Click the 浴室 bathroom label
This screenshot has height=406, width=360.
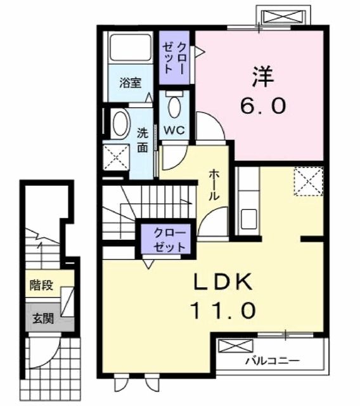coord(131,83)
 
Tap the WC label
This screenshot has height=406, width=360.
coord(174,131)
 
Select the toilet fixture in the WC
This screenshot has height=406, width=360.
coord(174,105)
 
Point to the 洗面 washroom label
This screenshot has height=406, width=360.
coord(143,140)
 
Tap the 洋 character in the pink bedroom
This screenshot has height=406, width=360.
coord(263,77)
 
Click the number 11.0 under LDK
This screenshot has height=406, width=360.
coord(223,310)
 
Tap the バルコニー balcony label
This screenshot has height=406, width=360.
coord(273,361)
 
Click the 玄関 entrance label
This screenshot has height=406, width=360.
coord(42,318)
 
